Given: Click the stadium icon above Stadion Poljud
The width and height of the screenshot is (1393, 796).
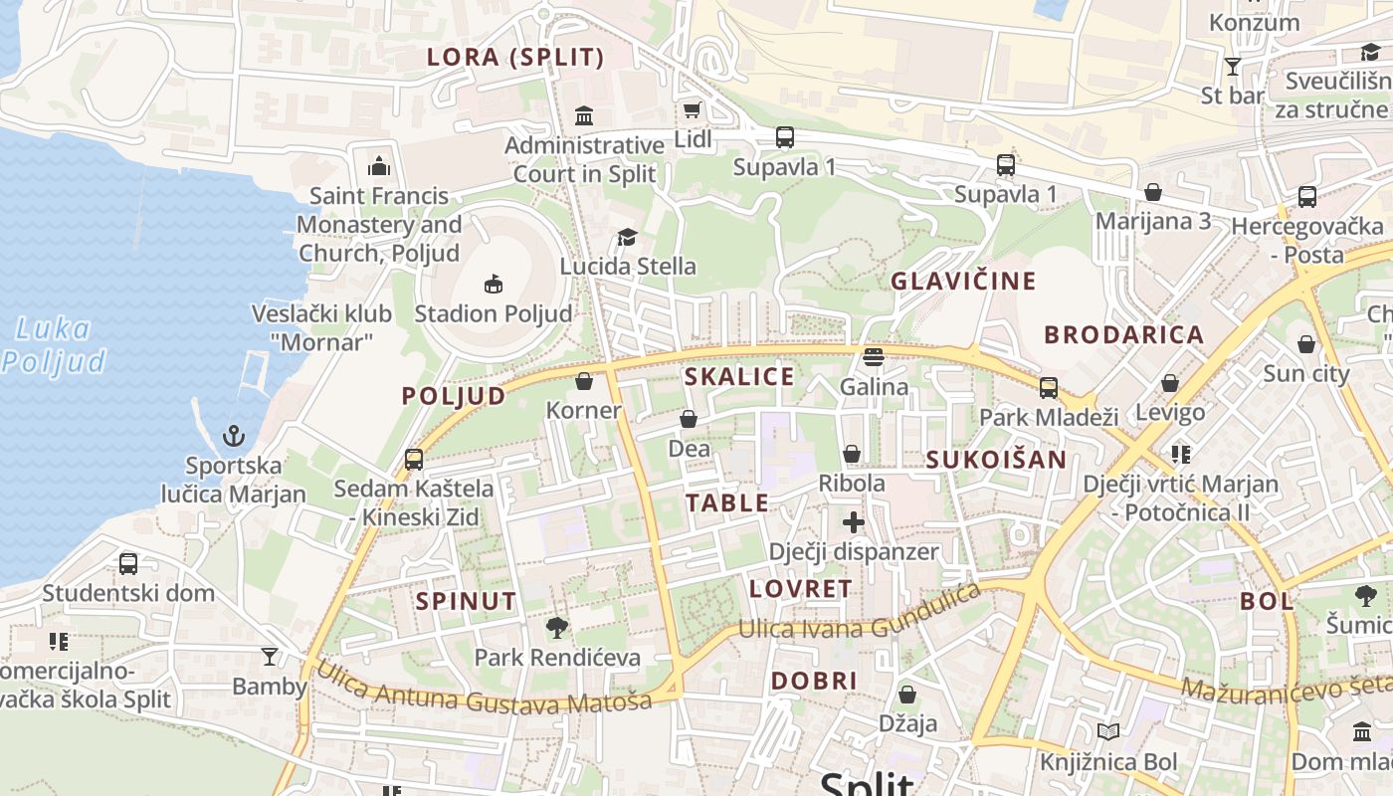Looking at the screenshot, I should coord(493,285).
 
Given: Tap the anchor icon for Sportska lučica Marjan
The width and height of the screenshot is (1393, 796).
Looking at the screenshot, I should coord(234,436).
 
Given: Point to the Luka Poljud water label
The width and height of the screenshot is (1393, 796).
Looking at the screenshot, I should coord(54,344).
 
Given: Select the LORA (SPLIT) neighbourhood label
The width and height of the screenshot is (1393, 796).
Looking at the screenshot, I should coord(515,57).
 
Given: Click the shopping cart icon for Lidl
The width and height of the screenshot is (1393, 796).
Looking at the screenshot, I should coord(692,109).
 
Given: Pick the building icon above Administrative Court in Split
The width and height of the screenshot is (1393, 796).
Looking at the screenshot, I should coord(584,116).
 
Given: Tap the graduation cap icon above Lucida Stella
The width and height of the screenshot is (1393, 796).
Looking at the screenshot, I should coord(627,237).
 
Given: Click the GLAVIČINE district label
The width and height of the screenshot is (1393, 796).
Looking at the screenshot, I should coord(963,281).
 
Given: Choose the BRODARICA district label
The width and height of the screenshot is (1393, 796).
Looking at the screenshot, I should coord(1123,334).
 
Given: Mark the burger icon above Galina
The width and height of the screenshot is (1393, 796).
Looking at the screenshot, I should coord(874,356).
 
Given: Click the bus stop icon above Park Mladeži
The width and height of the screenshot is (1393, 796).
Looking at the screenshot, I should coord(1049,388).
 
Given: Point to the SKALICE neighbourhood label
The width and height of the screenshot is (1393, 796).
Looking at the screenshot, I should coord(739,376).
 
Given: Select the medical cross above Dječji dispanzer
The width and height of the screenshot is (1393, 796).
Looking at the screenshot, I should coord(854,522).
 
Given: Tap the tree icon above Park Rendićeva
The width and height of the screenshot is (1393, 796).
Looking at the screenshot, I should coord(557,628).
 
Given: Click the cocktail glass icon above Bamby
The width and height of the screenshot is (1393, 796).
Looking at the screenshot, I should coord(270,657).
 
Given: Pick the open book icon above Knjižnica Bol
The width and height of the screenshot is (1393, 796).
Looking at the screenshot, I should coord(1107,733).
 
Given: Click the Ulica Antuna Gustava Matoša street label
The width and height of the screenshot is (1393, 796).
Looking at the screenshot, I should coord(484,687).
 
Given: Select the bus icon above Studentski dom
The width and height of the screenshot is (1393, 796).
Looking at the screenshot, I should coord(128,564).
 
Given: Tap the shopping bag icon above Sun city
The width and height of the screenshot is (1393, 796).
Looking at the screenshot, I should coord(1306,344).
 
